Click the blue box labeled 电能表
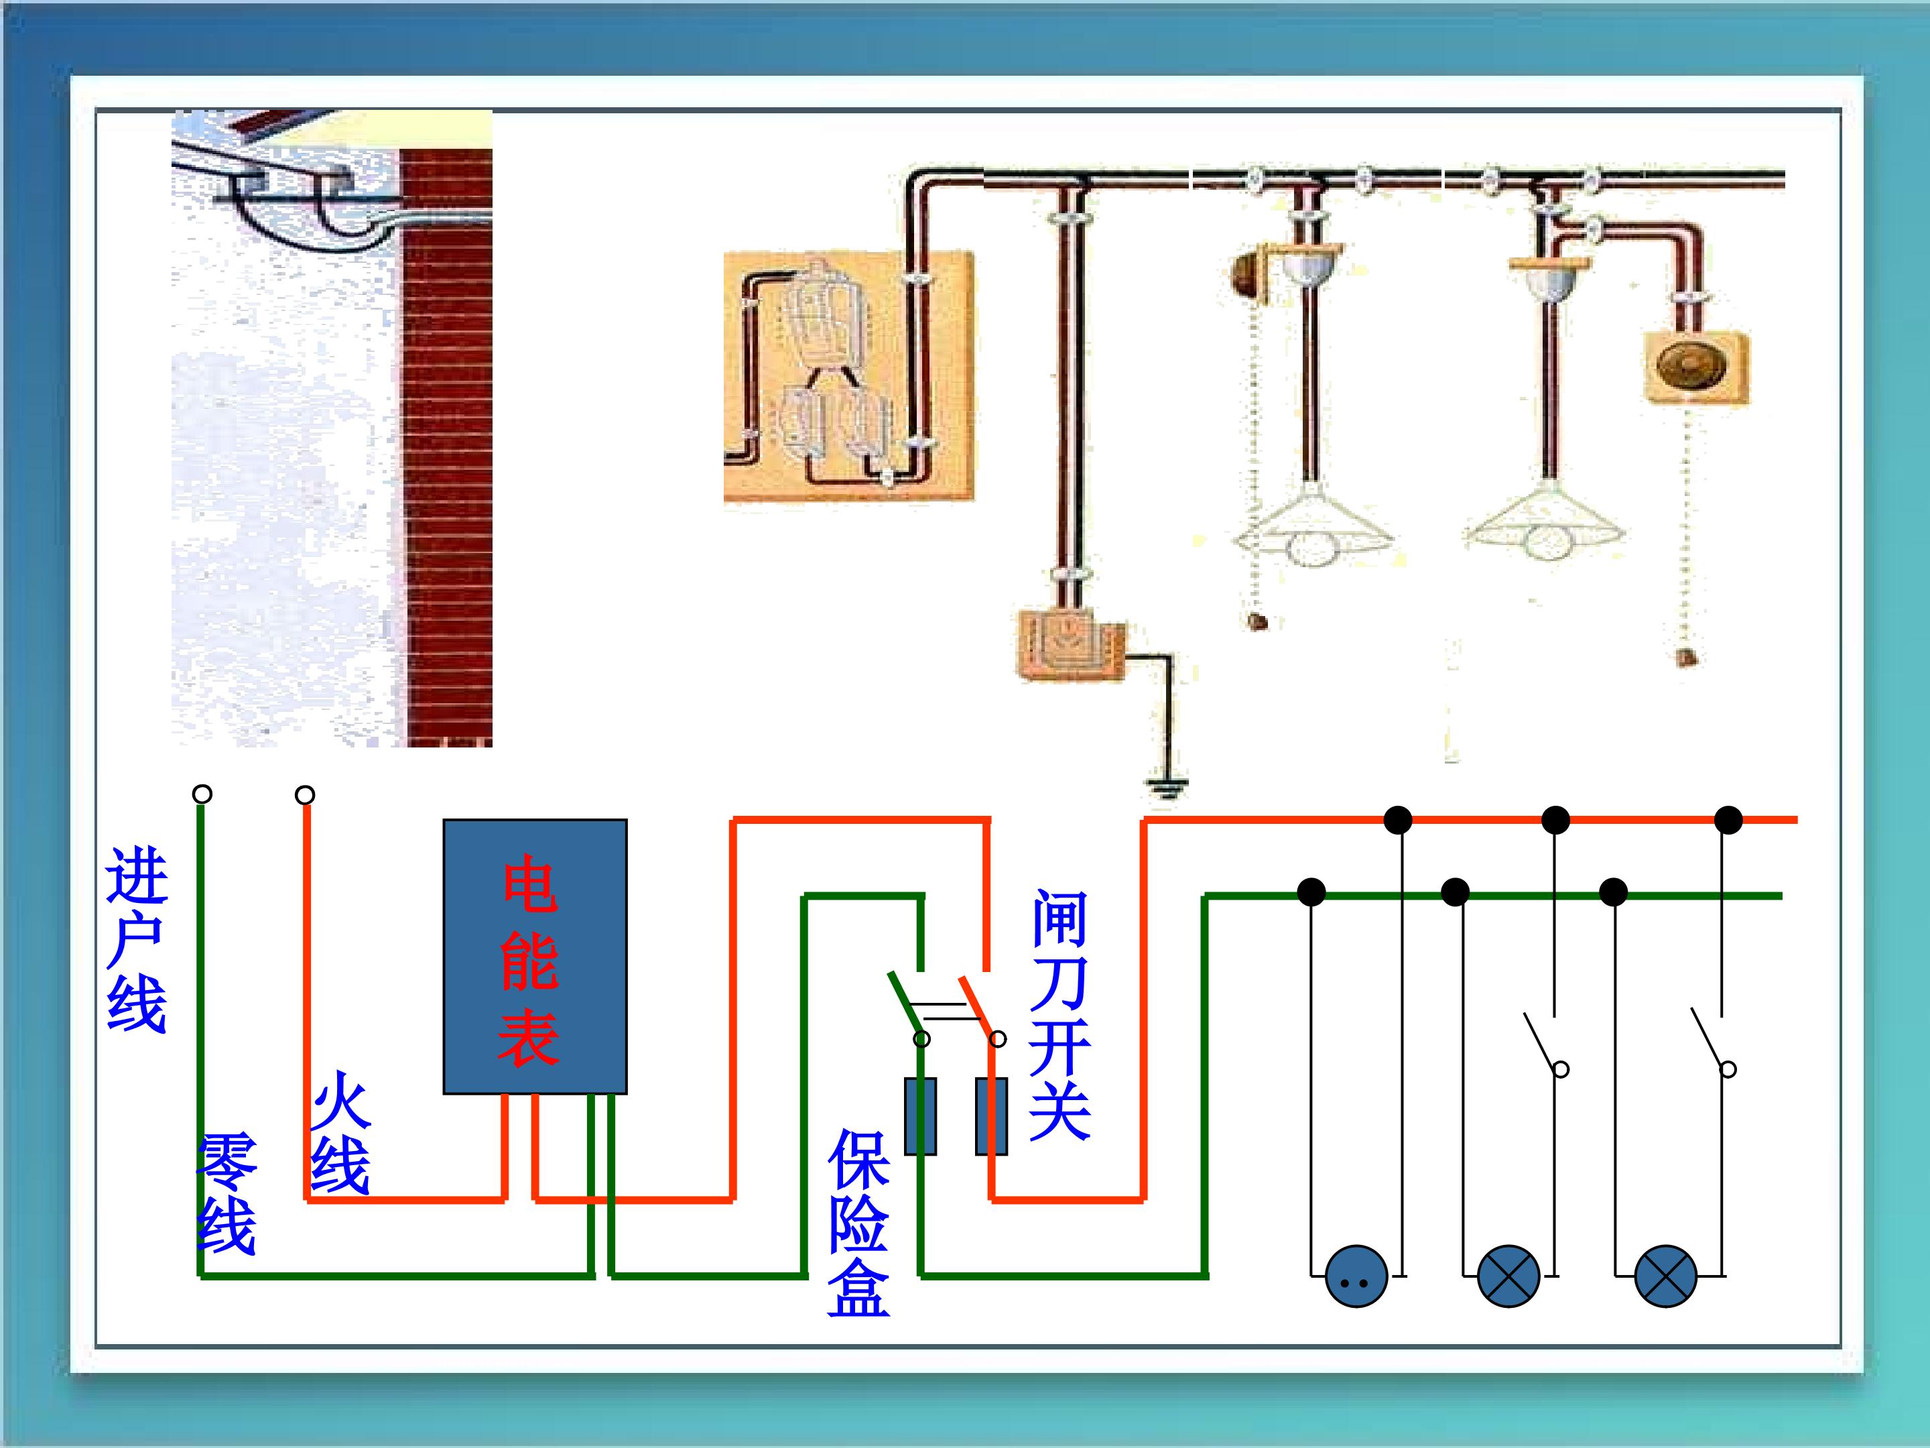pyautogui.click(x=535, y=956)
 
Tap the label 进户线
pyautogui.click(x=137, y=940)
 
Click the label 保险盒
pyautogui.click(x=858, y=1222)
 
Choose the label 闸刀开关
pyautogui.click(x=1059, y=1014)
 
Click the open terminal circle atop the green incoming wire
pyautogui.click(x=202, y=794)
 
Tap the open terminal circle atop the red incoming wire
pyautogui.click(x=304, y=795)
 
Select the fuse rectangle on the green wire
pyautogui.click(x=921, y=1116)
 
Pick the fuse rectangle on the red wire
pyautogui.click(x=991, y=1116)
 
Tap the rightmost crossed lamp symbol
pyautogui.click(x=1665, y=1276)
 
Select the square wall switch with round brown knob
pyautogui.click(x=1697, y=367)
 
